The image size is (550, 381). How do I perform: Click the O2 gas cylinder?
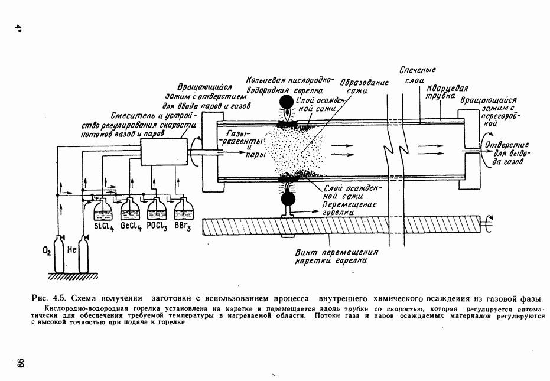58,254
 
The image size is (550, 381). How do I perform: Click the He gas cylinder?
83,254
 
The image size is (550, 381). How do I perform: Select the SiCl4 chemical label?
104,227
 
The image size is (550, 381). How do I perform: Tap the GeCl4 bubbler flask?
130,209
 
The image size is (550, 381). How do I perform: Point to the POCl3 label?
157,226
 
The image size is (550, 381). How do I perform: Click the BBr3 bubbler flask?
184,209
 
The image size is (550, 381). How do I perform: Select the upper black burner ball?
287,102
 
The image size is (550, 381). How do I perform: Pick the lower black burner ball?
288,199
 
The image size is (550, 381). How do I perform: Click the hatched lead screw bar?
341,225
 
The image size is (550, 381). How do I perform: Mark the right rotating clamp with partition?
469,149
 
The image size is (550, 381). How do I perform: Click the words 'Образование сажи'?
364,86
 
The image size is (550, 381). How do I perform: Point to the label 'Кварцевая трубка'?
446,92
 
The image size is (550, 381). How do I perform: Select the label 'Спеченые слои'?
418,75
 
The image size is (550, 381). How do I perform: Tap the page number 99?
20,363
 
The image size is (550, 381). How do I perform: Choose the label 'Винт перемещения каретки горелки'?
336,256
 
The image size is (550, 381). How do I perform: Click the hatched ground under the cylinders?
73,276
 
